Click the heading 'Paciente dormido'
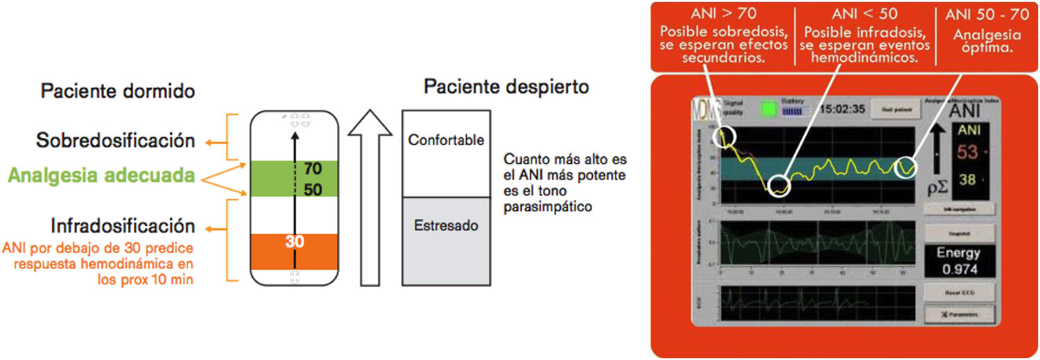coord(117,91)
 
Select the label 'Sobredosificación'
coord(115,141)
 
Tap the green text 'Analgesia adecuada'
coord(101,176)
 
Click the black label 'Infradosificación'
coord(122,225)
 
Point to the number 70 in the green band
coord(313,169)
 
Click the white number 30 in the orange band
coord(295,242)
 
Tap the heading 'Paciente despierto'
coord(506,87)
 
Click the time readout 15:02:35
coord(843,109)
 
